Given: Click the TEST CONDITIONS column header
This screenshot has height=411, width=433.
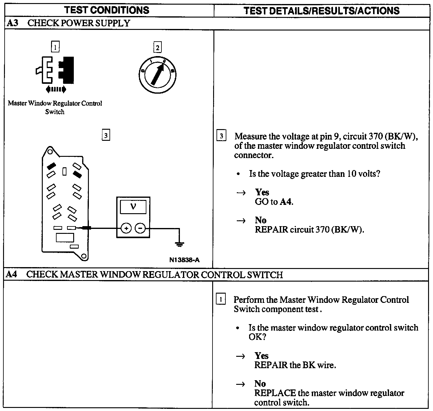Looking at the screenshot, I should click(x=107, y=10).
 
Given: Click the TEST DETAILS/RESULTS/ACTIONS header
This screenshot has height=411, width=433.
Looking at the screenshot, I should click(x=321, y=11).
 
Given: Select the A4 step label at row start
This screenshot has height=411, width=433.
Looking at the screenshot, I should click(x=11, y=274).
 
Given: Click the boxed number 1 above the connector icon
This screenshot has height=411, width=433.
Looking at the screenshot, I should click(x=55, y=47).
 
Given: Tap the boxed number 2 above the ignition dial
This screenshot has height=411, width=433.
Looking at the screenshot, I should click(x=157, y=47).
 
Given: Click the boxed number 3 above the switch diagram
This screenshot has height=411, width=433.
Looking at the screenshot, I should click(x=105, y=135).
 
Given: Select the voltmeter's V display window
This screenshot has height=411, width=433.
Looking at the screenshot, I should click(x=133, y=207).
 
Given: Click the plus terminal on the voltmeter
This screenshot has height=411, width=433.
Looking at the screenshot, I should click(x=126, y=228).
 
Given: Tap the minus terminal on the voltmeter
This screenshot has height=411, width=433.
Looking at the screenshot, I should click(x=140, y=228).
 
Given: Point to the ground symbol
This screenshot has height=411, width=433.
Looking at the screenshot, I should click(x=179, y=244).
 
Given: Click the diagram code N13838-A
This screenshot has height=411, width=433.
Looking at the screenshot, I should click(x=184, y=260).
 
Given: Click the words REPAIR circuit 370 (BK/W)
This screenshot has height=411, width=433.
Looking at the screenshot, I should click(x=309, y=230).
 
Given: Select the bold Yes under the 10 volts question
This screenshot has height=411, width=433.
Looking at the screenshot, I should click(x=262, y=192).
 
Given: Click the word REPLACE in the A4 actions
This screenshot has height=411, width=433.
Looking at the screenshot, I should click(x=275, y=393).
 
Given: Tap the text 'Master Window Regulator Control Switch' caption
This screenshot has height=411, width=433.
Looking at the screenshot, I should click(x=55, y=107).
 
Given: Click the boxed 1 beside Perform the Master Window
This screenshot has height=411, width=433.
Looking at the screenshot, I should click(x=221, y=299).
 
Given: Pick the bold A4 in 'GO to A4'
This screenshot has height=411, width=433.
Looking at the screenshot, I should click(x=286, y=202).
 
